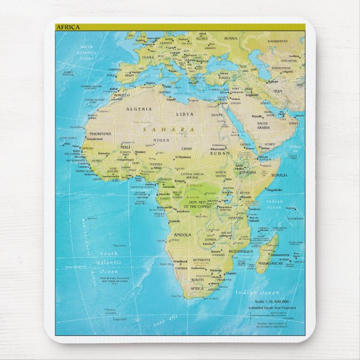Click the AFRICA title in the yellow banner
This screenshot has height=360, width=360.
pos(68,26)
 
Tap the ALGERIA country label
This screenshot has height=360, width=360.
pos(140,109)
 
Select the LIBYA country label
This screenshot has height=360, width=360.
pos(185,113)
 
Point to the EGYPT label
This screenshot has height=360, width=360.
pos(217,115)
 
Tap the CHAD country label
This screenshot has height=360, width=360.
pos(187,149)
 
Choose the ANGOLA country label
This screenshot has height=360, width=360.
pos(182,235)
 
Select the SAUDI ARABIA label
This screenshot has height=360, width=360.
pos(263,125)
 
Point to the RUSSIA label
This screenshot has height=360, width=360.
pos(230,38)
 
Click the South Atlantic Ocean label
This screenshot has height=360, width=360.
pos(109,262)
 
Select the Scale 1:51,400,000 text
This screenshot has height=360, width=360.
pos(270,302)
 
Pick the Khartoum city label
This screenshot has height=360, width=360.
pos(217,149)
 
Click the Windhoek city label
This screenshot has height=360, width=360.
pos(181,261)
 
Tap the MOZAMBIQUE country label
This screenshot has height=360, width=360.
pos(240,252)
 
